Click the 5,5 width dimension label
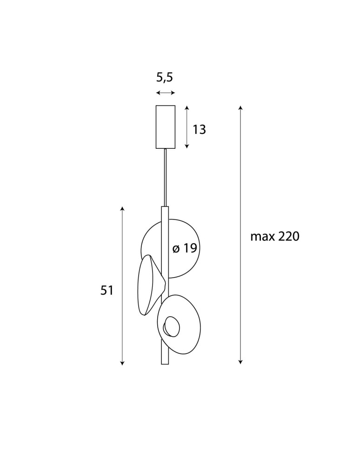click(x=165, y=78)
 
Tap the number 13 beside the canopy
click(x=199, y=130)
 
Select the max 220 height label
click(x=275, y=237)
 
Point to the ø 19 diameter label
click(x=185, y=248)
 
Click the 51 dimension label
click(x=107, y=290)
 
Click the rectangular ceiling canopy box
click(x=166, y=126)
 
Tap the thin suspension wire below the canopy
click(x=165, y=177)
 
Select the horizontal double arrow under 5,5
click(x=166, y=93)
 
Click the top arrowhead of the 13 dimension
click(x=187, y=107)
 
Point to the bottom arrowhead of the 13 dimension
click(x=187, y=146)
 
